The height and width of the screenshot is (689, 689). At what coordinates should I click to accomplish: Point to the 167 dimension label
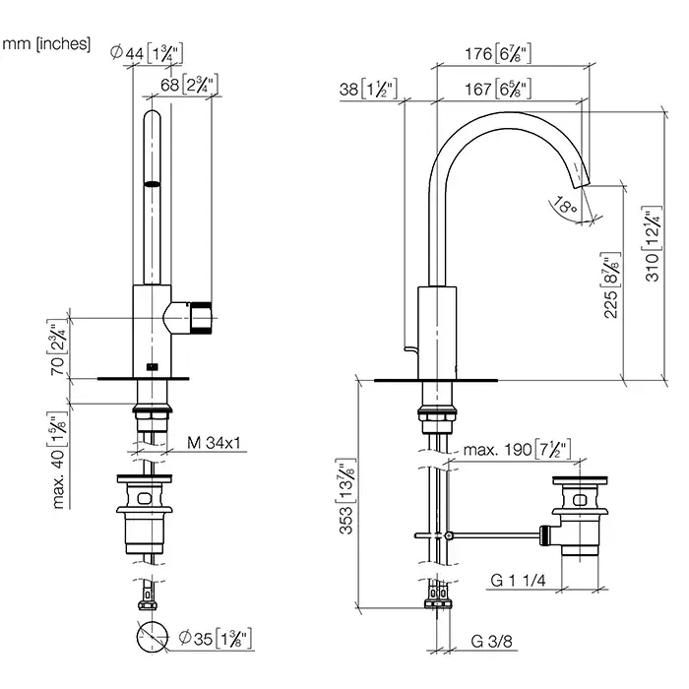(497, 90)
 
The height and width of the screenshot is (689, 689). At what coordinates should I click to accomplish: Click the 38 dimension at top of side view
(367, 90)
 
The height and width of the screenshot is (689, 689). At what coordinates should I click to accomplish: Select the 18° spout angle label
(564, 207)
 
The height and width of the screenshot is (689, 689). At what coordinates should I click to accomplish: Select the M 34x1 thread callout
(215, 444)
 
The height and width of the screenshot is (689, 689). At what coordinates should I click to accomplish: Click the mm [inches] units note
(46, 43)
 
